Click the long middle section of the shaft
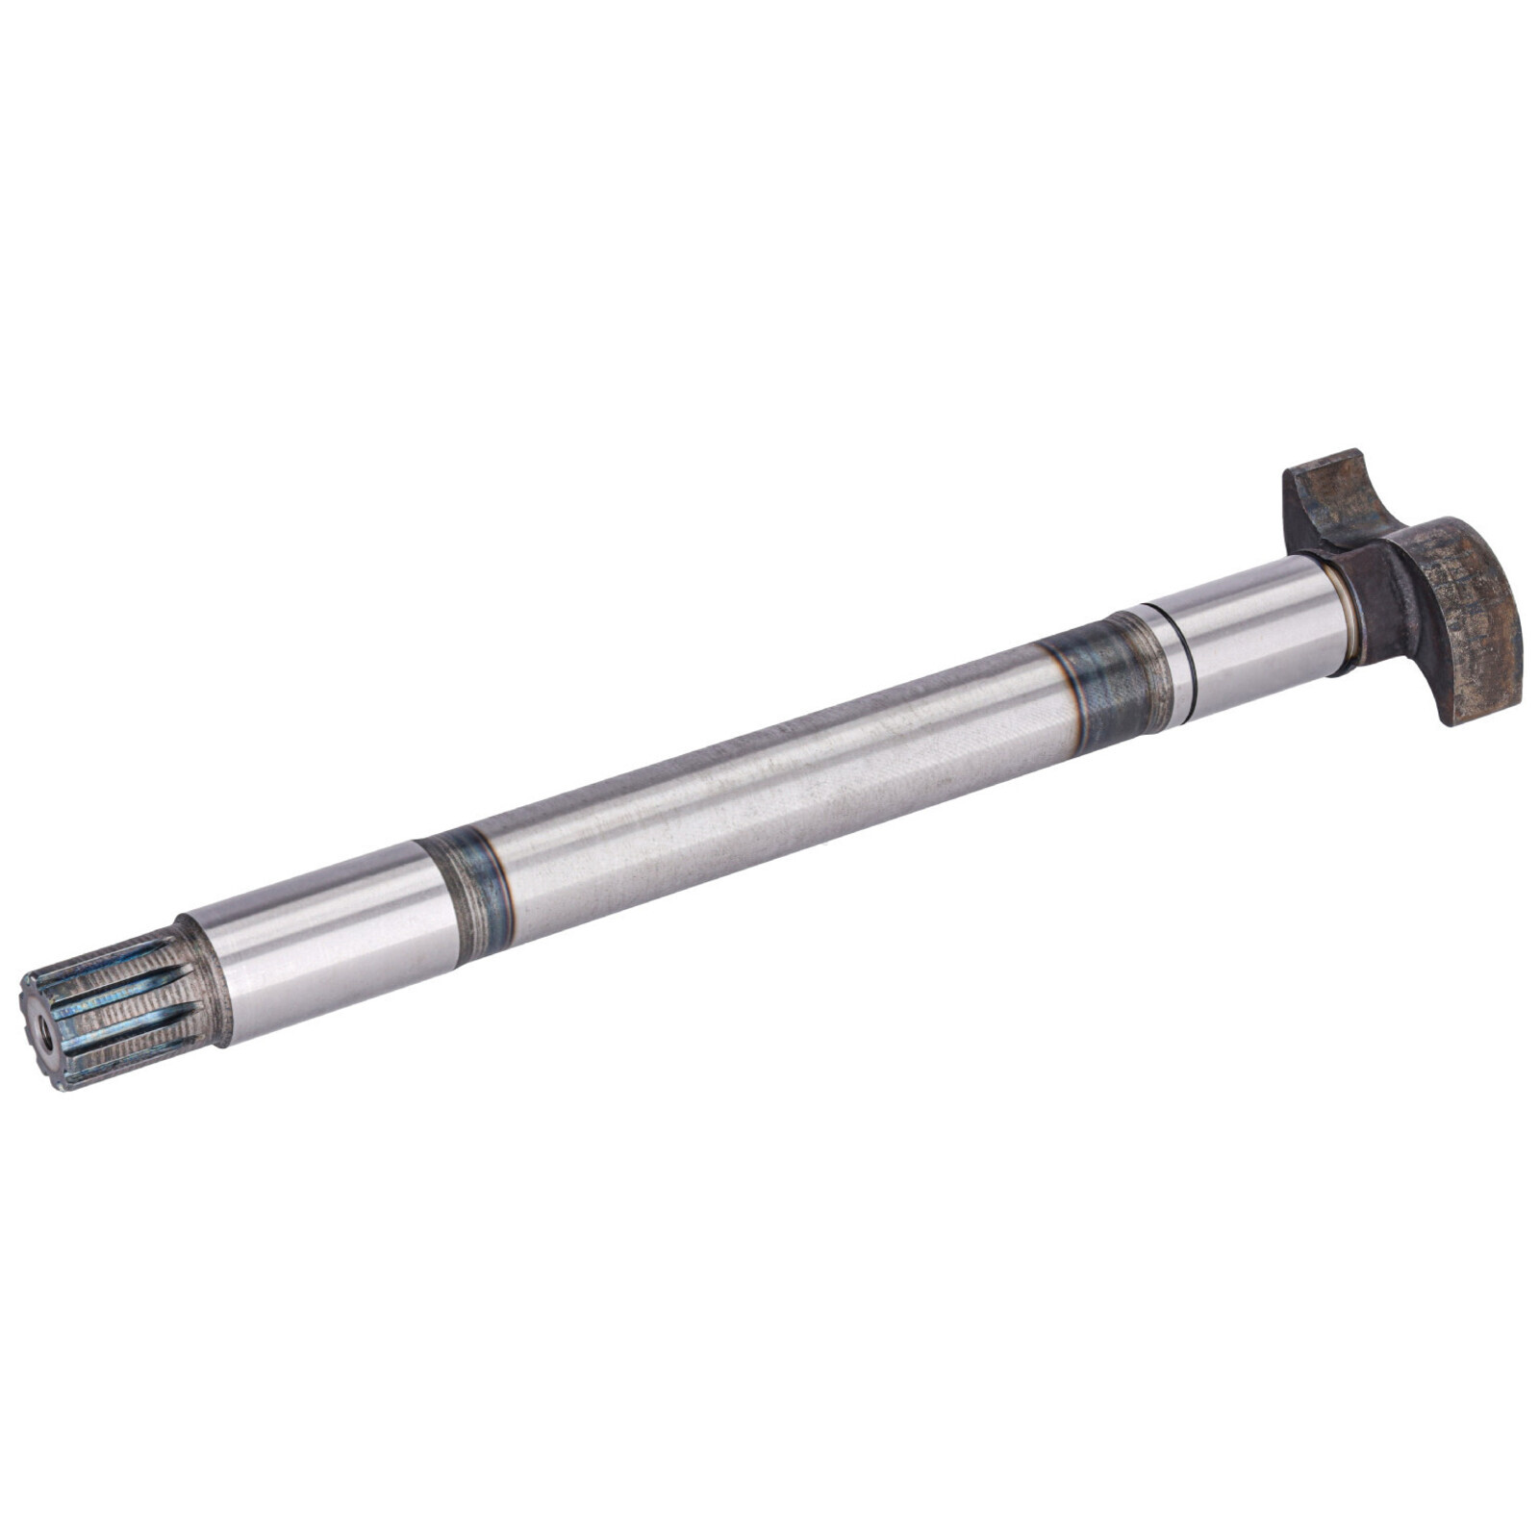pyautogui.click(x=769, y=789)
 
